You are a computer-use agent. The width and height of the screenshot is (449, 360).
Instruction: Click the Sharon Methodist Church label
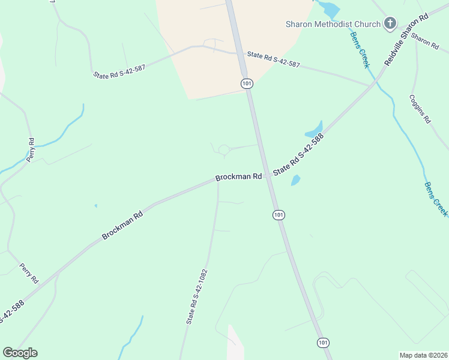pos(333,24)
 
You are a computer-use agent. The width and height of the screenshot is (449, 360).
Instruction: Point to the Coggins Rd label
pos(420,109)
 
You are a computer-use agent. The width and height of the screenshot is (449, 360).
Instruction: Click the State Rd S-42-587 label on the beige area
pos(273,60)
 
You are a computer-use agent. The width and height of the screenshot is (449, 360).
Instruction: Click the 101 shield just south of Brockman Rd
pos(279,215)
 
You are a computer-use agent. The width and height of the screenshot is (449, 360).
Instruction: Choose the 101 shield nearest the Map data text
pos(324,343)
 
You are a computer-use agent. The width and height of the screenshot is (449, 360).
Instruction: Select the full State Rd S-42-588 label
pos(298,154)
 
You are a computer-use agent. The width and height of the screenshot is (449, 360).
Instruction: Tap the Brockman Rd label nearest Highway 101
pos(239,178)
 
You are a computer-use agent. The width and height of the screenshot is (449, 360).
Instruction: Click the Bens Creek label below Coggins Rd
pos(436,199)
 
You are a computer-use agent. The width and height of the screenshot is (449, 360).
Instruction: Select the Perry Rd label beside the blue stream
pos(31,149)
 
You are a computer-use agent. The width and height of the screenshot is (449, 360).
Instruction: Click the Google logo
pos(20,353)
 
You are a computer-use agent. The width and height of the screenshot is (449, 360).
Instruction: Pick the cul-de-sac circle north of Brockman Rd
pos(224,149)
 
